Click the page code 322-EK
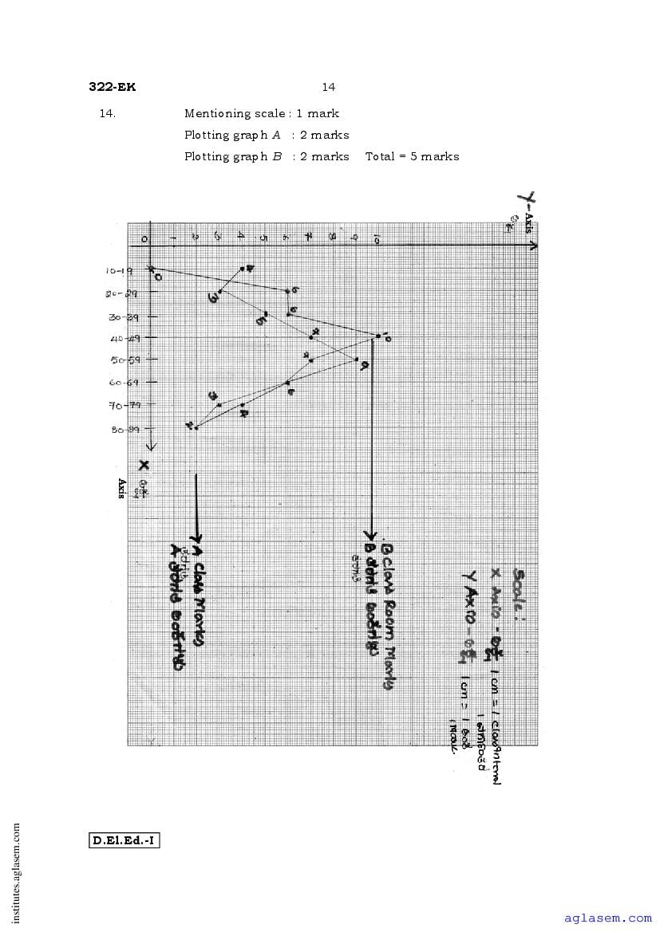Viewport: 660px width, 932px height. (112, 88)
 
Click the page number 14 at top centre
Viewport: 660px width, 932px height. (329, 87)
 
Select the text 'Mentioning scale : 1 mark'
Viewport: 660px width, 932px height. (262, 113)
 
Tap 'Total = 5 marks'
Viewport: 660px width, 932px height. (412, 156)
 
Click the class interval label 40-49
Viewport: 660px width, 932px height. (117, 338)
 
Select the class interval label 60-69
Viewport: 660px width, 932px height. (118, 383)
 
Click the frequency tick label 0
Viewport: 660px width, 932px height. (144, 238)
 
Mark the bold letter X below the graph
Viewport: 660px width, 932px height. (144, 466)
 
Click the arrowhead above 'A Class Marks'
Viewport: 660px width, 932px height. (196, 537)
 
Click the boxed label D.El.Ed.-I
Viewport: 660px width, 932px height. (124, 840)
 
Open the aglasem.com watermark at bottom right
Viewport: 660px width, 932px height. (607, 918)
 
